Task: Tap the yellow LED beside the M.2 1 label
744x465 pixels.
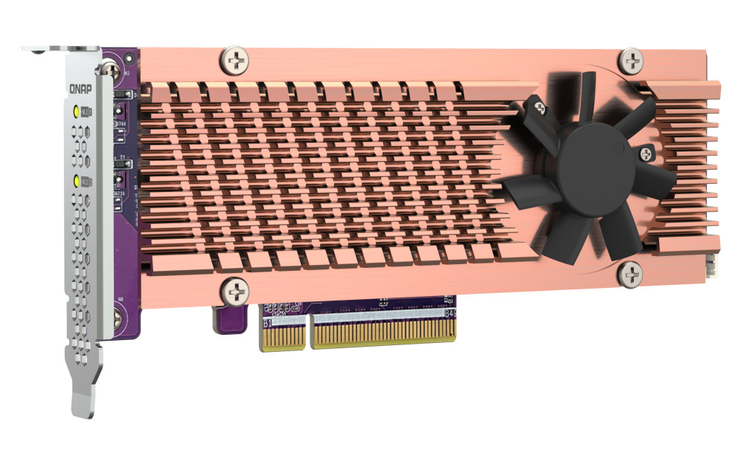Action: (x=76, y=113)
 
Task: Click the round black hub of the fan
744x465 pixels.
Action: (x=596, y=173)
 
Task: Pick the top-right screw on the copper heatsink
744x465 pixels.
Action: (x=631, y=60)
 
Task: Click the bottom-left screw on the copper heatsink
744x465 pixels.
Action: (x=236, y=289)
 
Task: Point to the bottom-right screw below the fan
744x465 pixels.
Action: (x=630, y=275)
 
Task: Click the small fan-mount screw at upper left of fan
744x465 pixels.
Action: (x=539, y=109)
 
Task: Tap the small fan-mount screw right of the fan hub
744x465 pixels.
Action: (x=644, y=154)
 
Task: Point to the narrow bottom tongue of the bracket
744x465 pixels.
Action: (x=83, y=395)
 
